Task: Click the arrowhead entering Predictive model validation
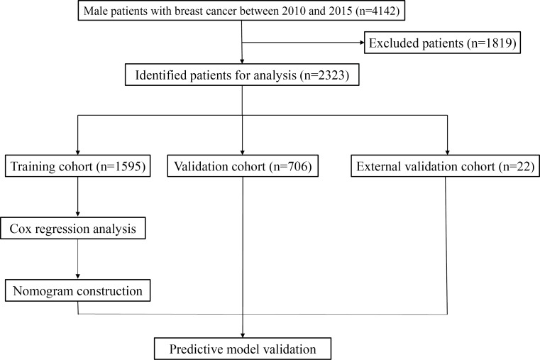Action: (241, 334)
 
